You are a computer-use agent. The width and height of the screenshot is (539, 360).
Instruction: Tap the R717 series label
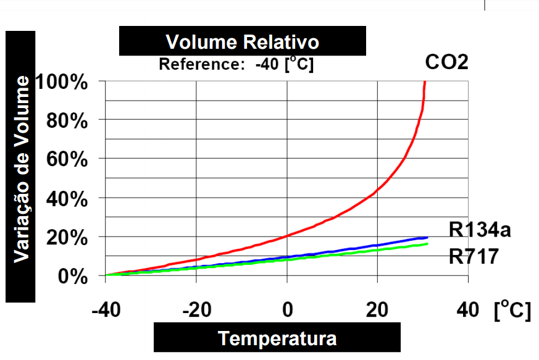tap(474, 256)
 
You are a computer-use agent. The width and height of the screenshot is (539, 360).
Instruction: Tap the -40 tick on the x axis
tap(106, 309)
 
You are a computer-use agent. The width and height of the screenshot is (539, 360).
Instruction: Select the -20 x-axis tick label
tap(196, 309)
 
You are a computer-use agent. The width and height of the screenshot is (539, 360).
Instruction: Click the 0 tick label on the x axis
tap(288, 309)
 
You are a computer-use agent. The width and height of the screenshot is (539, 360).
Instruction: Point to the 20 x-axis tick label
tap(377, 309)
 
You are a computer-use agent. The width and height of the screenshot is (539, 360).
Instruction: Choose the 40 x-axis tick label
tap(468, 309)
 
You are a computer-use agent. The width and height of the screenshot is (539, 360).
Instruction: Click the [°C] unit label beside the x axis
tap(512, 309)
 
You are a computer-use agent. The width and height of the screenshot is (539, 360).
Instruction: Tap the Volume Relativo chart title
tap(243, 43)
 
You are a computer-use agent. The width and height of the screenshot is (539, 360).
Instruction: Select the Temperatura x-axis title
tap(277, 338)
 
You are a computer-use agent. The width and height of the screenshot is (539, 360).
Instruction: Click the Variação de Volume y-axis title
tap(21, 169)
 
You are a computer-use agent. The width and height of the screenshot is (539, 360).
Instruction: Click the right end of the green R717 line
tap(427, 245)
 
